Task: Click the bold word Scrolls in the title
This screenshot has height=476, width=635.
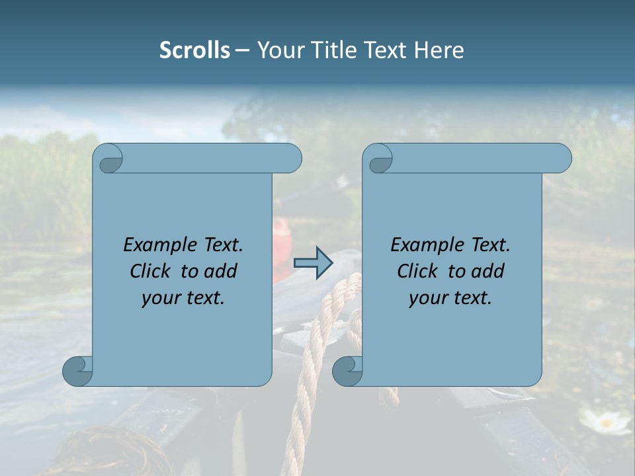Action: (x=194, y=50)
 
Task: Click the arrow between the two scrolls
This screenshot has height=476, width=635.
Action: (x=313, y=263)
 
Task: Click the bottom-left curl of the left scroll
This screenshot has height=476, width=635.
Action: (x=77, y=371)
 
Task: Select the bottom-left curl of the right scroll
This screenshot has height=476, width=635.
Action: (x=347, y=371)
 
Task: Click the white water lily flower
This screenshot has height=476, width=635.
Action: (x=605, y=421)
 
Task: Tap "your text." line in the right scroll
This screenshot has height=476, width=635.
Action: (x=450, y=298)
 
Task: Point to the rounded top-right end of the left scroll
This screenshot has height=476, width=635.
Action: (x=291, y=159)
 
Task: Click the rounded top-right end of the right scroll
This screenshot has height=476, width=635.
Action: (x=561, y=159)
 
